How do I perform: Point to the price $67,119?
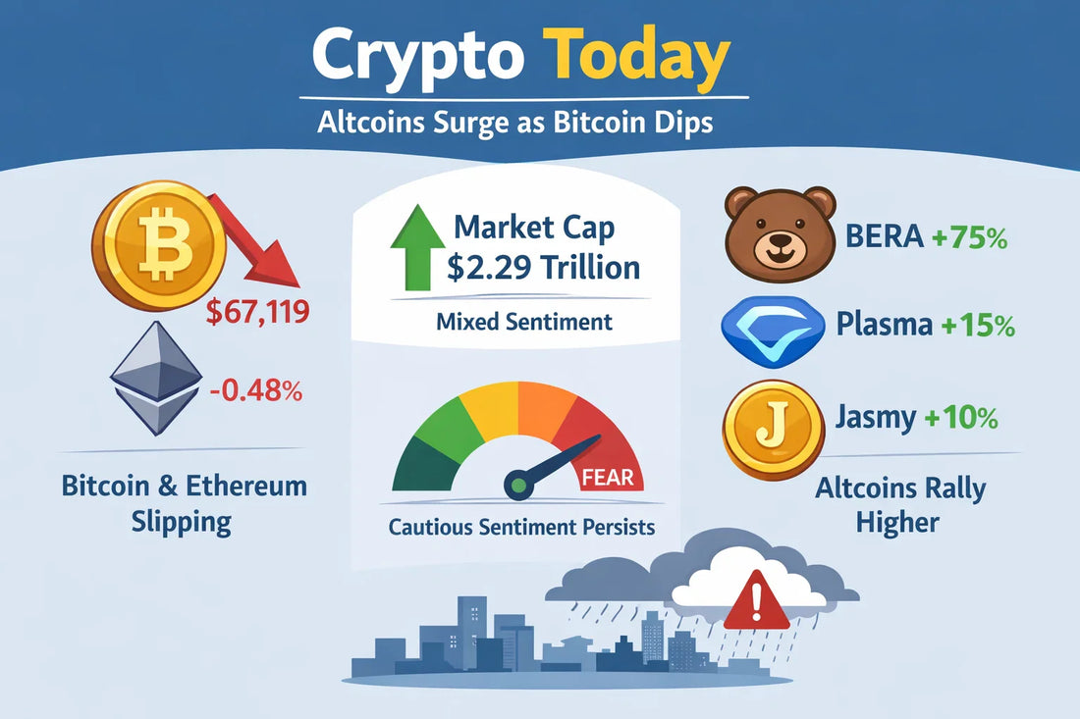[x=258, y=314]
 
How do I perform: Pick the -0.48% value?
[x=255, y=391]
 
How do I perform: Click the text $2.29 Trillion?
[x=543, y=267]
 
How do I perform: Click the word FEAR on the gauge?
[x=614, y=479]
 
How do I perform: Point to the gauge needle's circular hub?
[x=516, y=483]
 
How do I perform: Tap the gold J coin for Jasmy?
[x=773, y=430]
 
